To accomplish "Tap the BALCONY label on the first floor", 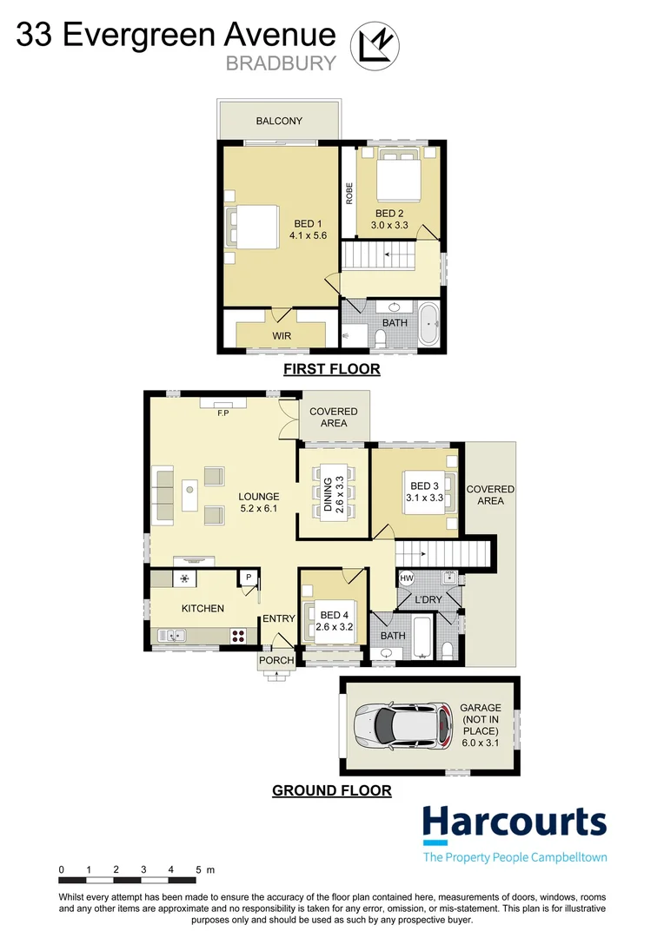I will pos(279,121).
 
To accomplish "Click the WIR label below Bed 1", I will pos(282,334).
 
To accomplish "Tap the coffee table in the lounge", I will pos(190,498).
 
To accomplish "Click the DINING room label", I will pos(329,498).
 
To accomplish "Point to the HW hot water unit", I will pos(407,578).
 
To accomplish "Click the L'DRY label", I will pos(428,600).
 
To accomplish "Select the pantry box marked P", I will pos(248,577).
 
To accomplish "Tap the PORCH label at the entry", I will pos(277,660).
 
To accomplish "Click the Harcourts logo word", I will pos(514,822).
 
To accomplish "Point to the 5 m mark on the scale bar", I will pos(199,869).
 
